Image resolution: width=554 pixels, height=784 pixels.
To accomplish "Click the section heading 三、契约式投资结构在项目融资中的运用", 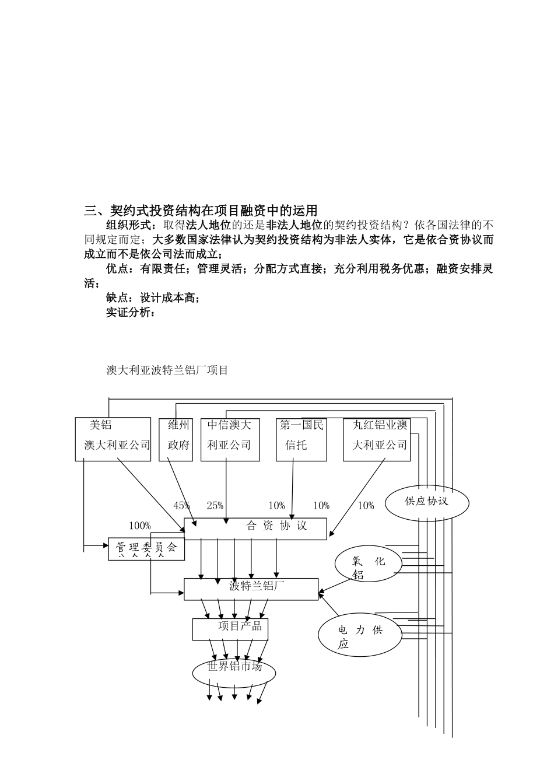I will [x=201, y=211].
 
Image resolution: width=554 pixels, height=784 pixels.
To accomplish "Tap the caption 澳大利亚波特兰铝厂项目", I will [x=167, y=370].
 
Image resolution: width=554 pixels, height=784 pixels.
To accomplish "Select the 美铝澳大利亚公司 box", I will [x=113, y=439].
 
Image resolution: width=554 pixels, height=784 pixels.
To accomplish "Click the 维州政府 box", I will [x=176, y=439].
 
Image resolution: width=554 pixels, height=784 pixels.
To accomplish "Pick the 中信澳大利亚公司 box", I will [x=229, y=439].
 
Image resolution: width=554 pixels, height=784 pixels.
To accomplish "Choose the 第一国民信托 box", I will [x=301, y=439].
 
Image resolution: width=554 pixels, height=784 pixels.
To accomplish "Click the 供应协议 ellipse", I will [x=427, y=501].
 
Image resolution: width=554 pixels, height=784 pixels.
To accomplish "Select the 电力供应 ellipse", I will [x=360, y=636].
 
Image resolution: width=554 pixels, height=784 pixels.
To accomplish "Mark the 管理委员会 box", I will [x=146, y=548].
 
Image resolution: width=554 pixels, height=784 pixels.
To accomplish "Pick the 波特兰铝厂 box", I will [x=251, y=589].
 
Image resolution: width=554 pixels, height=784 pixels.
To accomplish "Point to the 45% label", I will [x=182, y=506].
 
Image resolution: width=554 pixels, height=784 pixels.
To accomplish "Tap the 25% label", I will [x=215, y=506].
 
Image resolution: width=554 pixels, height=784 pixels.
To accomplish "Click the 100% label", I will [x=140, y=526].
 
